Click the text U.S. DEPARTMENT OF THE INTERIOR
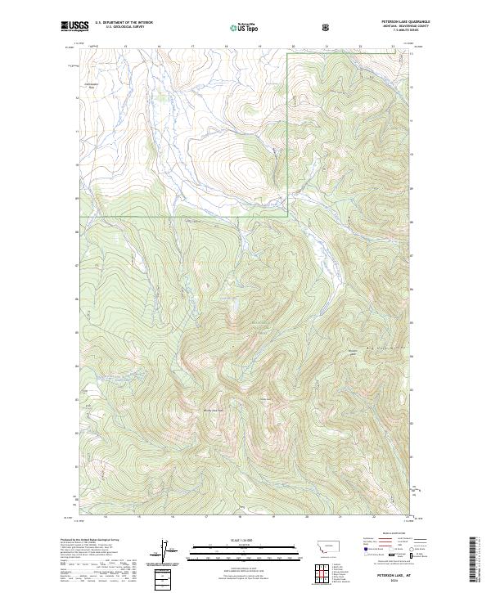pos(124,22)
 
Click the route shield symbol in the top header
pos(327,27)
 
